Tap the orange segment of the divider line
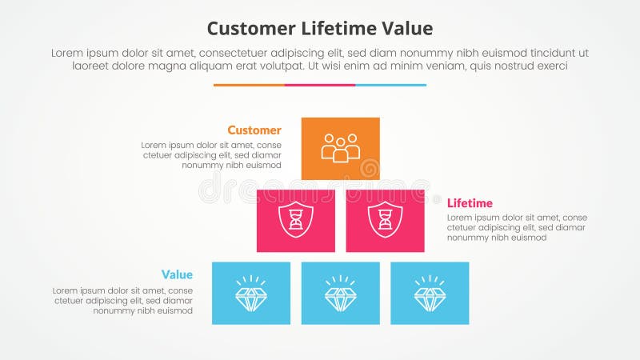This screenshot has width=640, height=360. click(x=249, y=85)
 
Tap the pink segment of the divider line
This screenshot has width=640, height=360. click(x=320, y=85)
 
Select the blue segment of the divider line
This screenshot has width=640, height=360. click(x=390, y=85)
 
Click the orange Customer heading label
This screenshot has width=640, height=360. click(x=254, y=130)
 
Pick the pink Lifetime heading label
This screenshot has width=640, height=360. click(x=470, y=203)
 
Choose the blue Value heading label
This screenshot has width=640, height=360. click(x=176, y=275)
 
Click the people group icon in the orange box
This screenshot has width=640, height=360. click(x=341, y=148)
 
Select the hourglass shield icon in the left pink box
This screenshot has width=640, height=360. click(x=296, y=220)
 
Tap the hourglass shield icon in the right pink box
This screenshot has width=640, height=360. click(x=386, y=220)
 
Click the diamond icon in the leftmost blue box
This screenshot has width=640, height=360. click(x=251, y=294)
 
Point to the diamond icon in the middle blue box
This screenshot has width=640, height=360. click(x=341, y=294)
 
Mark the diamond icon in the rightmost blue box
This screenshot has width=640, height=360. click(x=430, y=294)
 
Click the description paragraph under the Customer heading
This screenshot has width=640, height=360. click(x=211, y=155)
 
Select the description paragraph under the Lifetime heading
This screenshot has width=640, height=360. click(x=517, y=227)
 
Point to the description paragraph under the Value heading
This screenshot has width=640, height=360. click(x=122, y=300)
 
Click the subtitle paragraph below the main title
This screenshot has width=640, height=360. click(x=320, y=59)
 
